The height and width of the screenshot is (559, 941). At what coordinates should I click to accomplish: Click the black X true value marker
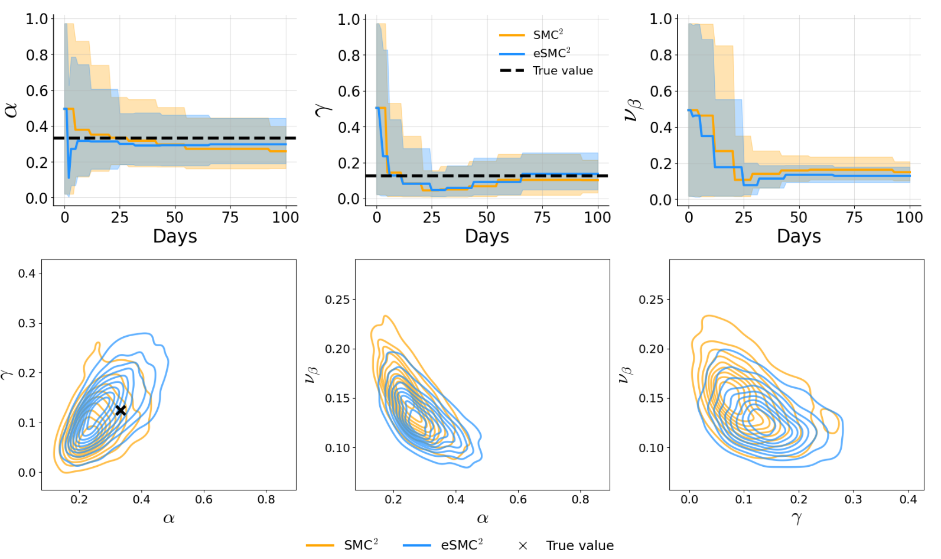tap(121, 410)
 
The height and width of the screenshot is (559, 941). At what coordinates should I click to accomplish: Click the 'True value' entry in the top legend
tap(562, 71)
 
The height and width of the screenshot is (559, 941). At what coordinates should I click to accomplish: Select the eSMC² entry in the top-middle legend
tap(551, 53)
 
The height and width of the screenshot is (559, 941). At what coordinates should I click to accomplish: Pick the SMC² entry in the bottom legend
tap(360, 545)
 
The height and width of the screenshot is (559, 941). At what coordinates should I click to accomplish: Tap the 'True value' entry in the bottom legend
tap(579, 545)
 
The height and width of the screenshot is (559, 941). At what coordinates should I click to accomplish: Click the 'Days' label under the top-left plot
tap(175, 236)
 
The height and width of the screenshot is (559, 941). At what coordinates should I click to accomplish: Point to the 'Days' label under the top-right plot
tap(799, 236)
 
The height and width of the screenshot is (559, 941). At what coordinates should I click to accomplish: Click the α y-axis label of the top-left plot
tap(11, 109)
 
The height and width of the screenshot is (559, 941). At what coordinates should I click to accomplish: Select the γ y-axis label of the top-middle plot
tap(323, 109)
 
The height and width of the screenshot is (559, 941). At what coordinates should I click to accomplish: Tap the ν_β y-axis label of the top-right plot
tap(633, 110)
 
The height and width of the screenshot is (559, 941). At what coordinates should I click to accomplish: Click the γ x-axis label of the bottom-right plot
tap(796, 518)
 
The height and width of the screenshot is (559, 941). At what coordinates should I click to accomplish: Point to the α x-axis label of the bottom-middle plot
tap(483, 518)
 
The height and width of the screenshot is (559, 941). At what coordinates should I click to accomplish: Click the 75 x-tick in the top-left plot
tap(230, 217)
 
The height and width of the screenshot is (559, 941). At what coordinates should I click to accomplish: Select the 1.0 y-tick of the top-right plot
tap(660, 19)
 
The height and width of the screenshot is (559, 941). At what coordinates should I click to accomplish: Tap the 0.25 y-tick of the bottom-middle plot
tap(337, 300)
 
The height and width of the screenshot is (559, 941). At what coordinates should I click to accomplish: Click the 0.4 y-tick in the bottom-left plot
tap(27, 273)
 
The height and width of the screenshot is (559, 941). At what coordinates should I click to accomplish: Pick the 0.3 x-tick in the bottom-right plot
tap(853, 499)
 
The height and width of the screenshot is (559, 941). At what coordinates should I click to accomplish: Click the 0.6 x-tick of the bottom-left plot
tap(204, 499)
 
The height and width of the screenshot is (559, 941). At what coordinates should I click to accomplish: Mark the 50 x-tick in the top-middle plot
tap(487, 217)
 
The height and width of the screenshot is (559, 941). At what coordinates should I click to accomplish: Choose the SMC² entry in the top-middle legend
tap(548, 35)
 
